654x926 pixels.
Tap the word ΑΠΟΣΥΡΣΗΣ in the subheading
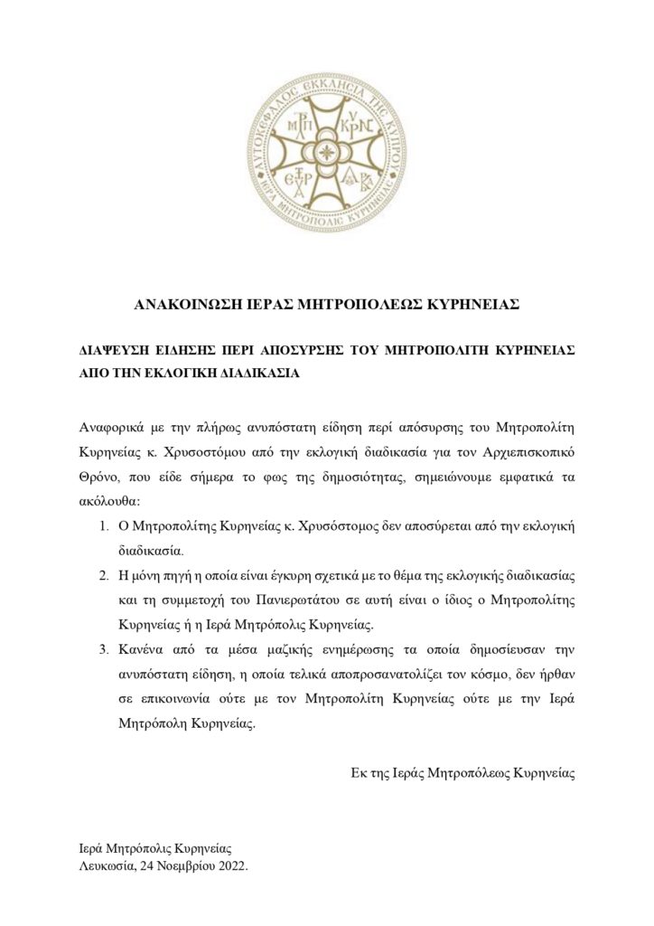305,349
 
